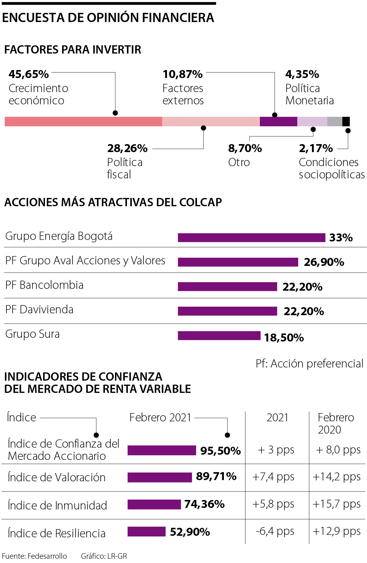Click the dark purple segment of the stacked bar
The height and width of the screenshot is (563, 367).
pos(278,121)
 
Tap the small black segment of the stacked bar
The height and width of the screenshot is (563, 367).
pos(346,121)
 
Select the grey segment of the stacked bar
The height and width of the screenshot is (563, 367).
pos(335,121)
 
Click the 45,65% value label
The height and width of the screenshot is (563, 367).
pos(29,74)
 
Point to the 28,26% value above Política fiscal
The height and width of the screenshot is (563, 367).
pos(127,148)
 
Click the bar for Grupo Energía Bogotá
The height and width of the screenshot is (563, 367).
pos(251,237)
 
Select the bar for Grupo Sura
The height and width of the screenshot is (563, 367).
pos(219,336)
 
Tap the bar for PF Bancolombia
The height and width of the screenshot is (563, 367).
pos(227,287)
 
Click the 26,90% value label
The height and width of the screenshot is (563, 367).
pos(324,262)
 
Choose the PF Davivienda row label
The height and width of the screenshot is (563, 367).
pos(39,310)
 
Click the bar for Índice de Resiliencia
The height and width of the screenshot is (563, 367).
pos(146,532)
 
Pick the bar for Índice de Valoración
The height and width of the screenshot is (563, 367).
pos(160,477)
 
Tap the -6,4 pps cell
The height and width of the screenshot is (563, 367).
pos(275,531)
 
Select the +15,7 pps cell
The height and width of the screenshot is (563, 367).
pos(336,504)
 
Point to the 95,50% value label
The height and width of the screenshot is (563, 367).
pos(221,451)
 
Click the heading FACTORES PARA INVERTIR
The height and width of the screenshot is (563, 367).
pos(73,50)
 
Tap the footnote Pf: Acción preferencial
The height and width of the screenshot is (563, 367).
pos(310,364)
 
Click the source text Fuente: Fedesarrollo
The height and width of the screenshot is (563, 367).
pos(35,556)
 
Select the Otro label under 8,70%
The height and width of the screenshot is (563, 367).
pos(239,162)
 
